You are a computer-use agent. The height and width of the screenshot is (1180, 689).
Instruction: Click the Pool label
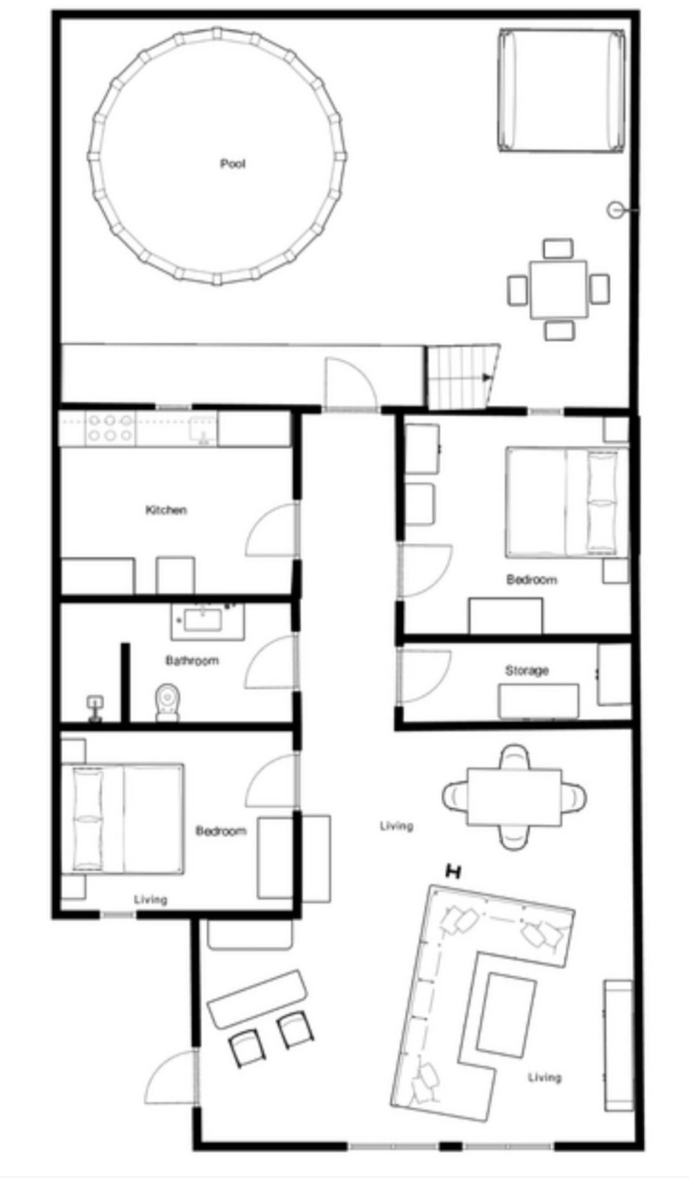[233, 164]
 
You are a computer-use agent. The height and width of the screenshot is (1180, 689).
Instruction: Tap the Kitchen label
[166, 510]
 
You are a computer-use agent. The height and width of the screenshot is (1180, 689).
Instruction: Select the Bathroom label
[193, 661]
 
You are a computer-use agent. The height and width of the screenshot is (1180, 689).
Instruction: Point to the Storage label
[527, 670]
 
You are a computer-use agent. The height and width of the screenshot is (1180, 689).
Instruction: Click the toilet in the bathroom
[167, 702]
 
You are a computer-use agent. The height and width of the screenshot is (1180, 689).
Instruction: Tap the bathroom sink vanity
[207, 622]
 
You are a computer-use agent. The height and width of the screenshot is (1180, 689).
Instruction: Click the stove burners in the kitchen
[110, 428]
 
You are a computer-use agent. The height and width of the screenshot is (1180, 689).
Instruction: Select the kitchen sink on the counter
[203, 428]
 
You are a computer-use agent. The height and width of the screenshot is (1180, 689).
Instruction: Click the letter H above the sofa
[453, 872]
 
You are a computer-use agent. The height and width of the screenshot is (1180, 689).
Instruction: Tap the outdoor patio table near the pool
[558, 290]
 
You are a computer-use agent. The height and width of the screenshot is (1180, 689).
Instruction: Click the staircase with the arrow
[463, 377]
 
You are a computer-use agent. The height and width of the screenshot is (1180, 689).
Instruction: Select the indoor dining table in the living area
[514, 797]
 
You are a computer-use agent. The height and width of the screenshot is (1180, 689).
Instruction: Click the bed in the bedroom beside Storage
[567, 502]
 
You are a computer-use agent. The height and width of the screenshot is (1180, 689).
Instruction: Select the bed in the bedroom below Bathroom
[122, 819]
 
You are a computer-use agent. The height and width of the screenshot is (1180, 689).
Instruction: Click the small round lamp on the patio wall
[614, 210]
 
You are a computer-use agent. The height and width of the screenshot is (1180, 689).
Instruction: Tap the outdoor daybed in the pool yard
[562, 91]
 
